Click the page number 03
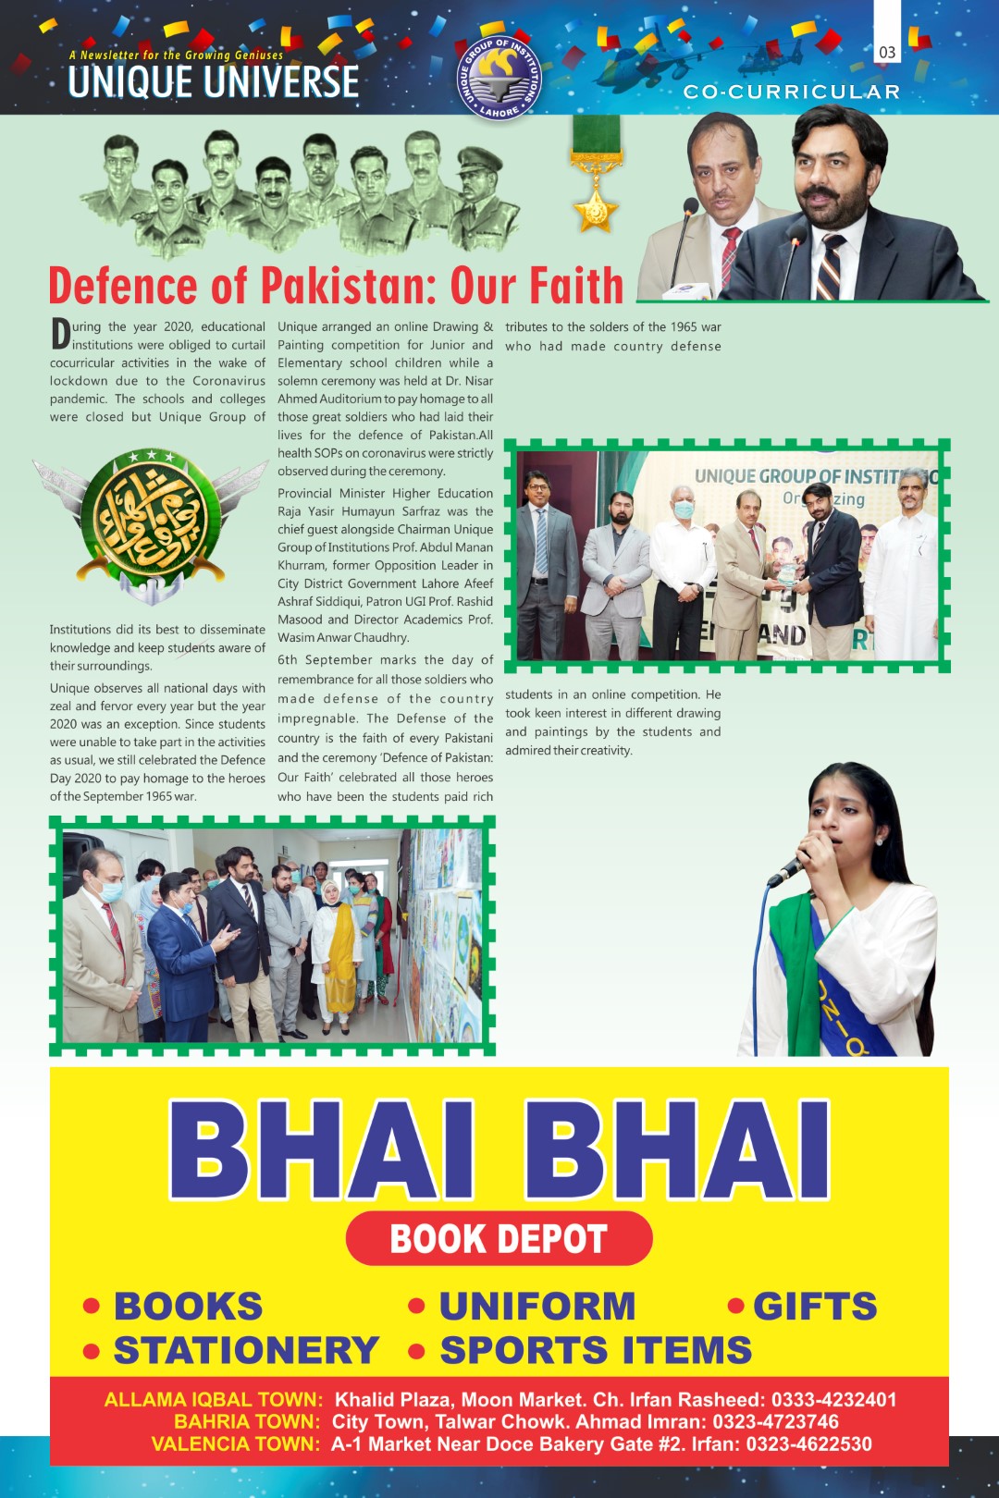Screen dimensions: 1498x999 pos(887,53)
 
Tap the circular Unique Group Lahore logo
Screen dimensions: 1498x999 pos(499,78)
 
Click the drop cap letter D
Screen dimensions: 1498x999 pos(60,334)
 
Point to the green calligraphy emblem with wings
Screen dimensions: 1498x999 pos(139,522)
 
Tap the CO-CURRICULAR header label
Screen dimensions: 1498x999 pos(791,92)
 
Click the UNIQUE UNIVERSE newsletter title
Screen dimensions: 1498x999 pos(214,81)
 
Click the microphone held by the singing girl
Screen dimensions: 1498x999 pos(789,868)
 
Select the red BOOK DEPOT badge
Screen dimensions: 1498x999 pos(499,1238)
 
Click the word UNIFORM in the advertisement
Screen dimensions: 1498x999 pos(537,1306)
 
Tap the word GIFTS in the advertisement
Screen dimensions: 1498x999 pos(815,1306)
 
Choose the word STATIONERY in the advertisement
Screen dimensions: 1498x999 pos(246,1350)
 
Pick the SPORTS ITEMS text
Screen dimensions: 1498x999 pos(596,1350)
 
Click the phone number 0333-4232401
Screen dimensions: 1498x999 pos(833,1399)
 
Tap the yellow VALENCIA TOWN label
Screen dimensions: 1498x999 pos(236,1443)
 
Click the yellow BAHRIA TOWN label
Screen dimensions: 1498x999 pos(247,1421)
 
